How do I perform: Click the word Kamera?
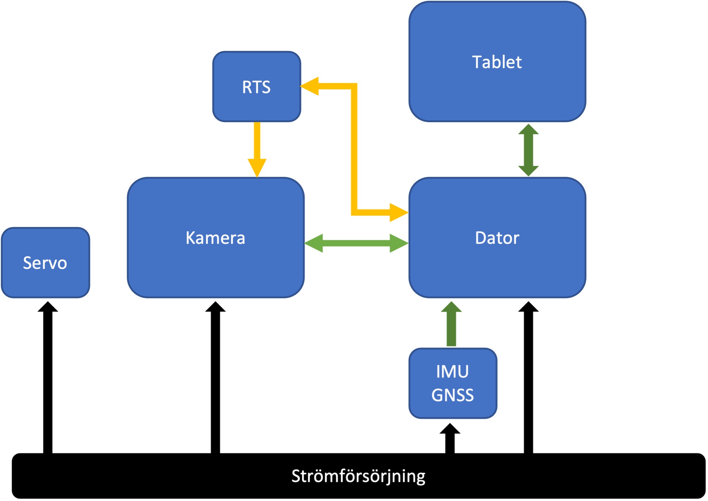[x=215, y=238]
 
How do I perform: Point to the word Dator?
[x=497, y=238]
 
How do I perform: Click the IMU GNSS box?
[x=453, y=383]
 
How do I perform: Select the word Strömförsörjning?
[x=358, y=476]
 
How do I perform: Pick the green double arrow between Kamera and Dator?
[x=356, y=243]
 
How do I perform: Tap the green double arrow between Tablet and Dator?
[x=528, y=150]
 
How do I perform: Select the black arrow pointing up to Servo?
[x=48, y=378]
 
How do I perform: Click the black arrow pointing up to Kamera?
[x=215, y=378]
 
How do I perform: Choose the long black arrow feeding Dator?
[x=528, y=378]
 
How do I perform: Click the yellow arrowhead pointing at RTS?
[x=310, y=86]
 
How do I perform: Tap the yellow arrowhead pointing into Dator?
[x=399, y=212]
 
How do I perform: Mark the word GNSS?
[x=453, y=395]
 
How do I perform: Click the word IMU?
[x=452, y=372]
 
